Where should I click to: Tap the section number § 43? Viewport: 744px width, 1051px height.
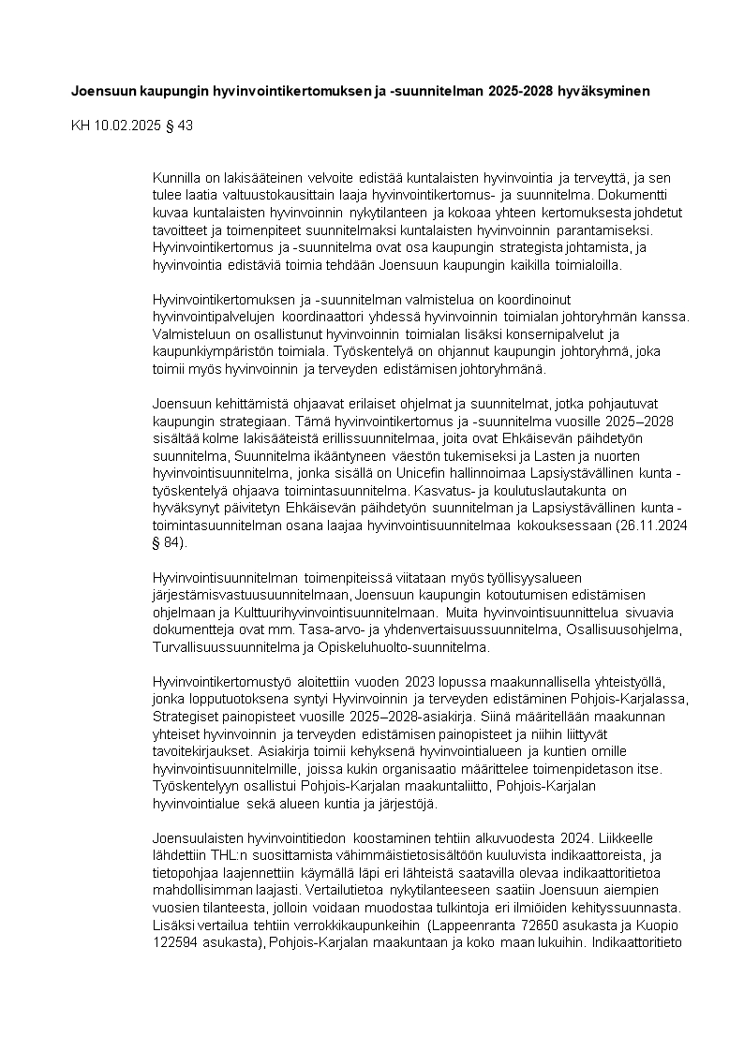179,126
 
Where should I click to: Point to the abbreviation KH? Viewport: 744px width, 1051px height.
82,126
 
